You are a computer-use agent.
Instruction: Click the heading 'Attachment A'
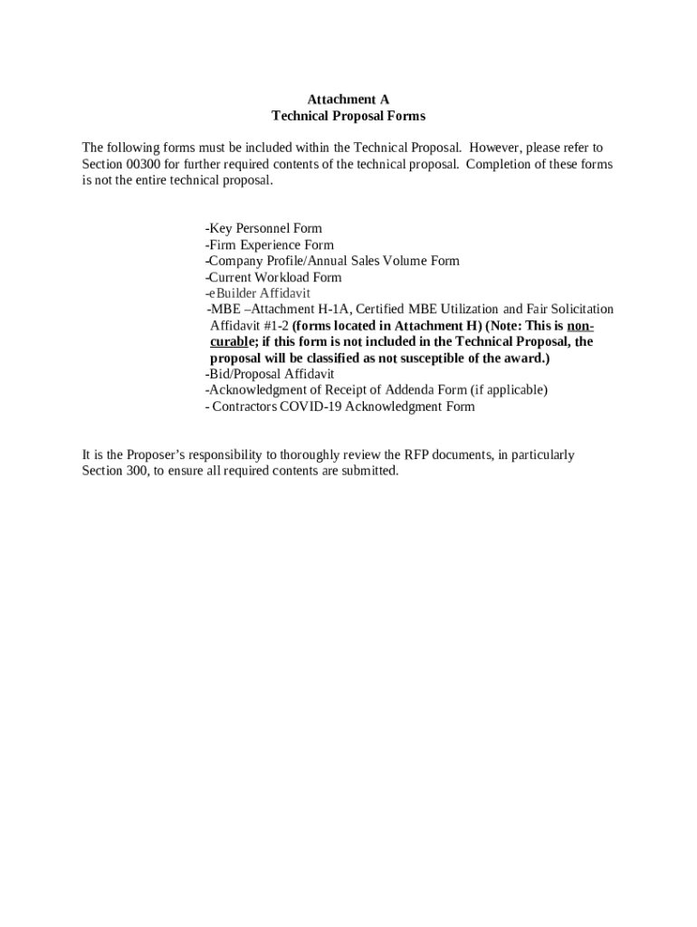(x=348, y=100)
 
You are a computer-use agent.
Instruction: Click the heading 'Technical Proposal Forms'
(x=348, y=117)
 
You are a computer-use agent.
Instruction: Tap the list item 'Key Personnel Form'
(x=264, y=228)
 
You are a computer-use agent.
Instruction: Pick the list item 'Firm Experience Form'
(x=270, y=244)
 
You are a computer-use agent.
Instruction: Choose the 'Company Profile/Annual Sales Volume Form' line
(x=333, y=261)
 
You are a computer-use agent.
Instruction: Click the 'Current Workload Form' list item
(x=273, y=277)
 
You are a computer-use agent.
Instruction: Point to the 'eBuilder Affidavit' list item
(x=259, y=293)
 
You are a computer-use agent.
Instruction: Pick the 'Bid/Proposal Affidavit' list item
(x=270, y=374)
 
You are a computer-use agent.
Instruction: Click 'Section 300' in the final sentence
(x=115, y=472)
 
